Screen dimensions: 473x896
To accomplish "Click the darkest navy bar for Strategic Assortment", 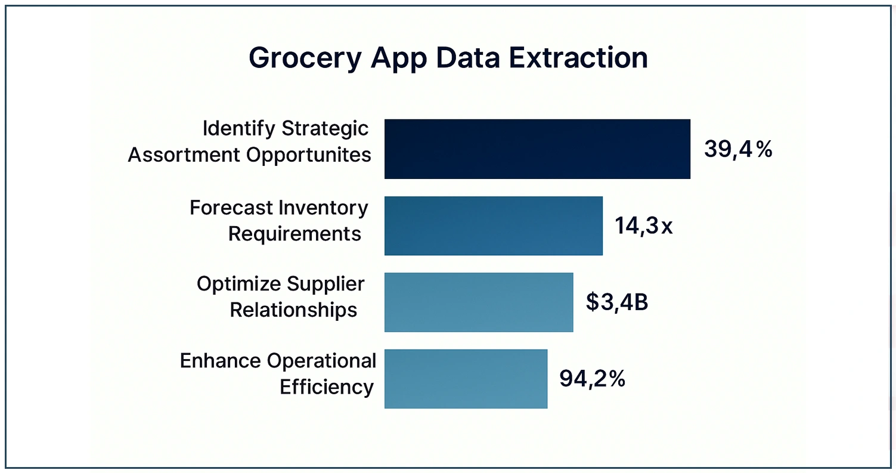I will [537, 149].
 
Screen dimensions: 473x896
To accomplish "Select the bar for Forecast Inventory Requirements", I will [493, 225].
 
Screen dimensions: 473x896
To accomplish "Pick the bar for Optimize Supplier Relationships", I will [478, 302].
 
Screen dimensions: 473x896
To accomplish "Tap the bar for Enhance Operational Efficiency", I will [466, 378].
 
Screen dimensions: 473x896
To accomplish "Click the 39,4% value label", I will [737, 149].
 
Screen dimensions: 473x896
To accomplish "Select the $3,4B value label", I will [616, 302].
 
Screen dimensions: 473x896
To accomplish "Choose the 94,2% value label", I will [592, 379].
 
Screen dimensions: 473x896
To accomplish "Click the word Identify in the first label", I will [239, 128].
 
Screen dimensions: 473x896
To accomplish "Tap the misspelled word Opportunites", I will [309, 155].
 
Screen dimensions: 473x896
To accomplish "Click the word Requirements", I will [294, 234].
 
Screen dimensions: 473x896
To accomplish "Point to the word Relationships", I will [293, 310].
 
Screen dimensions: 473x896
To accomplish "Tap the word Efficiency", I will [327, 387].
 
